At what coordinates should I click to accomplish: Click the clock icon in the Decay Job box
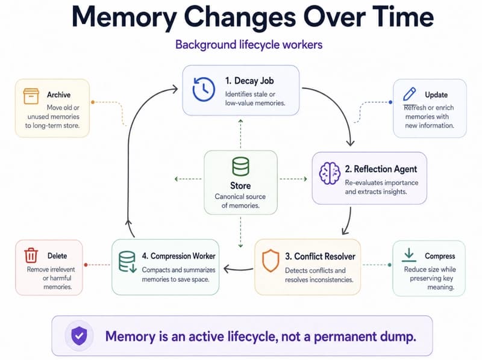[x=204, y=89]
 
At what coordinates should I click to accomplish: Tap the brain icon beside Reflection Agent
[x=330, y=173]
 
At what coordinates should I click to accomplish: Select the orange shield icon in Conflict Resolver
[x=271, y=261]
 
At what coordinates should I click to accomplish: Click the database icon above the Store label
[x=240, y=166]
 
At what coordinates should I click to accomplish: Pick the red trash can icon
[x=31, y=255]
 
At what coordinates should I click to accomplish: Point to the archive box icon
[x=31, y=96]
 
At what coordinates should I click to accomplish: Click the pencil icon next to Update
[x=410, y=94]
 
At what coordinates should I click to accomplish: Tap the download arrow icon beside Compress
[x=409, y=255]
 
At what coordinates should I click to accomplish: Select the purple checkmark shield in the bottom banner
[x=79, y=336]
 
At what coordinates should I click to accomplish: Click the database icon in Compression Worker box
[x=127, y=262]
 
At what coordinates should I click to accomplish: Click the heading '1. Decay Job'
[x=249, y=81]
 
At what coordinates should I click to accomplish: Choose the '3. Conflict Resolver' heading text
[x=320, y=256]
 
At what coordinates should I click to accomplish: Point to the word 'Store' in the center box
[x=240, y=185]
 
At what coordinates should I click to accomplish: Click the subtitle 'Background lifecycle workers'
[x=249, y=45]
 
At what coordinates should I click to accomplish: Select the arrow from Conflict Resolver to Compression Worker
[x=239, y=269]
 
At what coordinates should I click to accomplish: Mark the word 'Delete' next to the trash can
[x=57, y=256]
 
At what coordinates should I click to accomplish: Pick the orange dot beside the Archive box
[x=93, y=102]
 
